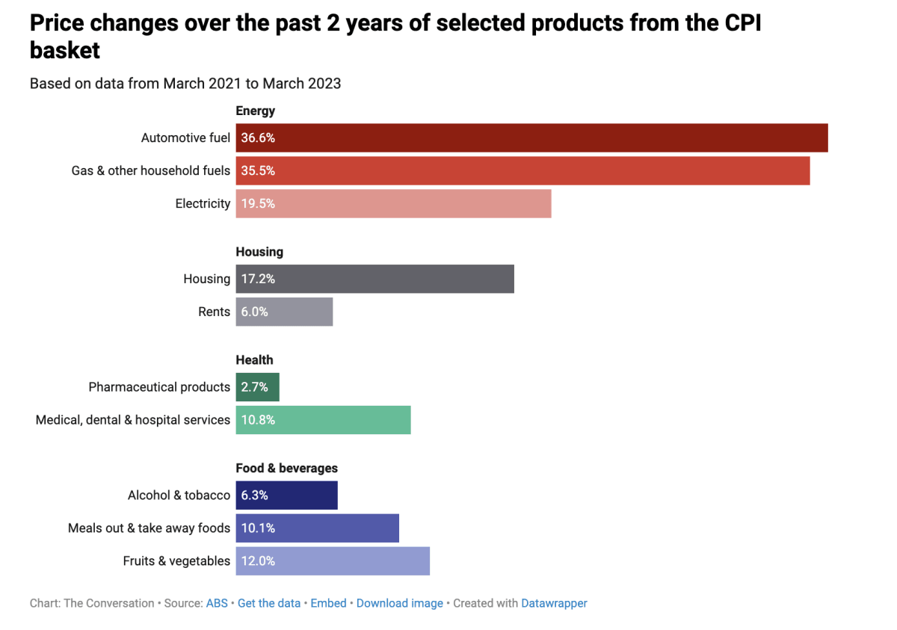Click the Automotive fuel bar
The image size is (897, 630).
(531, 138)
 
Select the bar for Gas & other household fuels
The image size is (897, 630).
(523, 170)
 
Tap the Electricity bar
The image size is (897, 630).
(393, 203)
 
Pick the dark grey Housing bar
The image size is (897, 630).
(374, 279)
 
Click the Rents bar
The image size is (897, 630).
(284, 312)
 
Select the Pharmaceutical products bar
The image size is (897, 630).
(257, 387)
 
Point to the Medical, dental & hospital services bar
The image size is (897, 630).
(323, 420)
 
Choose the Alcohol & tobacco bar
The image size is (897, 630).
(286, 495)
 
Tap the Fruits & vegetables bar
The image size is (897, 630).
(333, 560)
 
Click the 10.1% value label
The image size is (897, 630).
(258, 528)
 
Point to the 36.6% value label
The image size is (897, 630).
(258, 138)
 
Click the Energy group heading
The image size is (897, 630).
(256, 111)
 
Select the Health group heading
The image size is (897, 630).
(254, 359)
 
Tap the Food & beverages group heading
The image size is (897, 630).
(287, 468)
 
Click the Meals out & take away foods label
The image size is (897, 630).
(149, 528)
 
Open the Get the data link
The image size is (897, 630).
(269, 603)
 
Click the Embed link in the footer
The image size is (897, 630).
(328, 603)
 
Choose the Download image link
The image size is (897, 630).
(400, 603)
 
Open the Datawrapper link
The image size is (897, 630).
(554, 603)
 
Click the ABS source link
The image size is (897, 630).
(217, 603)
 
